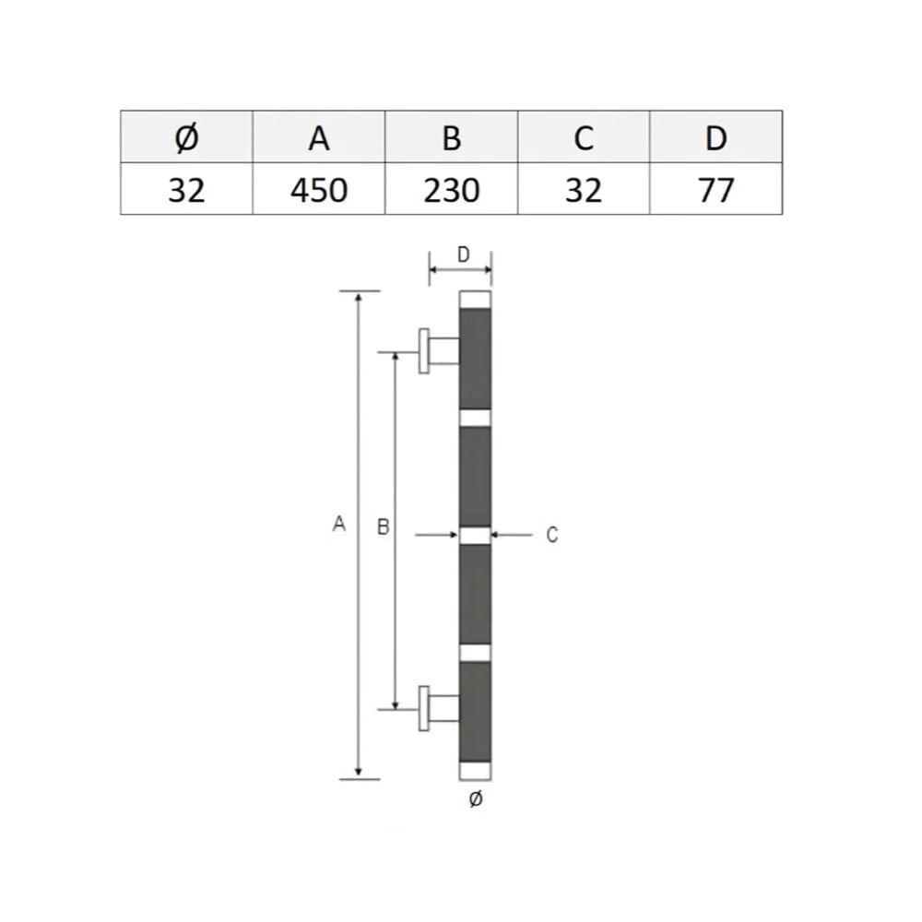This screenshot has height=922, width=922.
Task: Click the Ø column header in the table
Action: [186, 137]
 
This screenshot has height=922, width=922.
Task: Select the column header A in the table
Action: [319, 137]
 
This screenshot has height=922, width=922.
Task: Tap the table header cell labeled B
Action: [451, 137]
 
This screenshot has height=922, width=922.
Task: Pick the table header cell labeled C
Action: [584, 137]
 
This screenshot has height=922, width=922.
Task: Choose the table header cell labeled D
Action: [715, 137]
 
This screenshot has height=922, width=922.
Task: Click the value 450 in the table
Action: [319, 190]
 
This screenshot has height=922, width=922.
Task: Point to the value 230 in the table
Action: [451, 190]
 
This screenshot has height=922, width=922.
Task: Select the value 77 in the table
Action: [715, 190]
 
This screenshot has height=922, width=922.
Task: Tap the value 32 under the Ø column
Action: [186, 190]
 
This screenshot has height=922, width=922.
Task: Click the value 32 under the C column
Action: [584, 190]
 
